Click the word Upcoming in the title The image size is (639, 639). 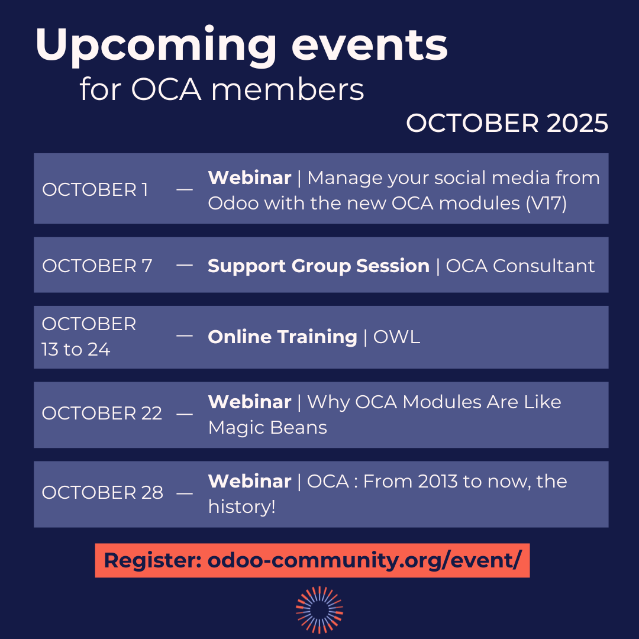[156, 46]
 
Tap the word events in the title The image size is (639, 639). [370, 46]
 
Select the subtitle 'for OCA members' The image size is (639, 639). [222, 89]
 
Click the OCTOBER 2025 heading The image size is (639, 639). [507, 123]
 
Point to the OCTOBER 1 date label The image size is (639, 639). [95, 190]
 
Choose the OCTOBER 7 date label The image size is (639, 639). [97, 266]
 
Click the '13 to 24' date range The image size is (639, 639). [76, 349]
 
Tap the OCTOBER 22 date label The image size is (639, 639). [102, 413]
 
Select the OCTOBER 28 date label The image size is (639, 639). [102, 493]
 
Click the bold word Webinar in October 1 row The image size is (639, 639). [250, 177]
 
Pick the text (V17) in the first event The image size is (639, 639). [546, 204]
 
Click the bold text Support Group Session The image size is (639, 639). [319, 266]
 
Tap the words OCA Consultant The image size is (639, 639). [520, 266]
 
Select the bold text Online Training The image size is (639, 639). [282, 337]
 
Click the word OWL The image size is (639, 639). [396, 337]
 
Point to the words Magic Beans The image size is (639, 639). [267, 428]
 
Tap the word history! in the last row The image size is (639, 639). [241, 507]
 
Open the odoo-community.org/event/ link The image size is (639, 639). [364, 560]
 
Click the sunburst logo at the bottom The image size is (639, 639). [319, 609]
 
